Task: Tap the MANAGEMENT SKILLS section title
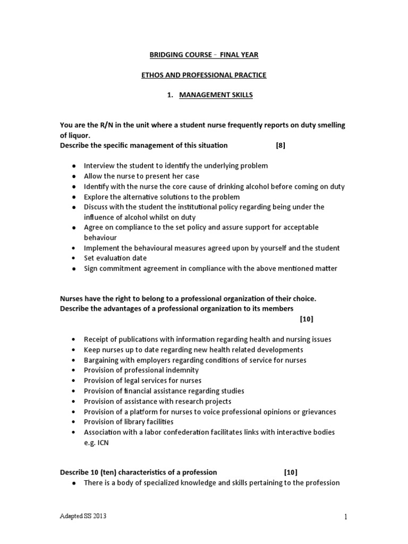click(x=208, y=95)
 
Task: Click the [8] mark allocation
click(x=280, y=146)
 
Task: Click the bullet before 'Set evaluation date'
click(x=73, y=258)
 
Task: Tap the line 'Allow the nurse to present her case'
click(x=141, y=176)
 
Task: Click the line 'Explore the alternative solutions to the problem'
click(x=158, y=197)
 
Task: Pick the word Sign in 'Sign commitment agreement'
click(x=91, y=268)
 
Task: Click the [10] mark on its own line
click(x=307, y=319)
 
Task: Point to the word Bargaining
click(x=103, y=360)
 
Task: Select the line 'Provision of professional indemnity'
click(x=141, y=370)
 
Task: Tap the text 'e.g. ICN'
click(x=96, y=443)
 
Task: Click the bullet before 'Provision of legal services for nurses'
click(x=73, y=381)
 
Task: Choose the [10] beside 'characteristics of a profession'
click(x=291, y=472)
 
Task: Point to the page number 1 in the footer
click(x=345, y=517)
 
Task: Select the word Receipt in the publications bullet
click(x=97, y=339)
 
